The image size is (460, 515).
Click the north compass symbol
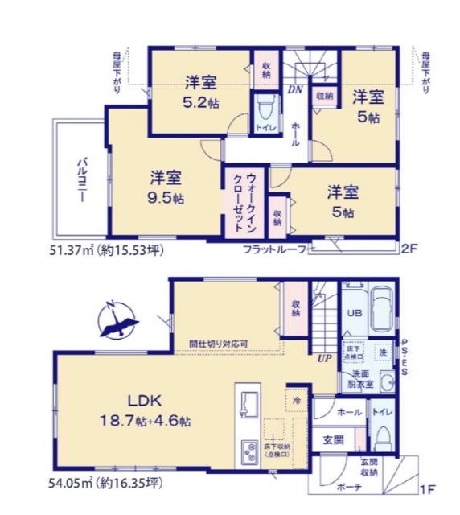pos(117,319)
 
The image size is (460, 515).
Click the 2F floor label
pos(411,249)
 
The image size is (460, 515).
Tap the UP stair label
pos(324,358)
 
